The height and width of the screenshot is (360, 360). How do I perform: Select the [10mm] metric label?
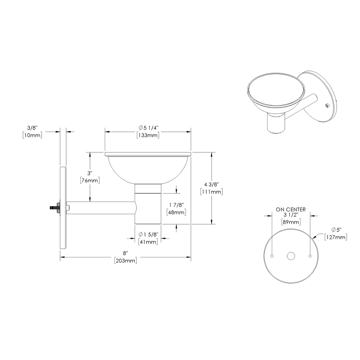click(32, 135)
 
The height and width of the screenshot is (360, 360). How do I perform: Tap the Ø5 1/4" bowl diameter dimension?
click(148, 128)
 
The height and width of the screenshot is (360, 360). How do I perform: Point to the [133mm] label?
click(148, 135)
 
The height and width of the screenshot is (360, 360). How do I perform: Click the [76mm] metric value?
click(90, 180)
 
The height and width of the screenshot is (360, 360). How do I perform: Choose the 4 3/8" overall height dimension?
click(211, 185)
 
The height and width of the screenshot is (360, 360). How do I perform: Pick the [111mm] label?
click(211, 192)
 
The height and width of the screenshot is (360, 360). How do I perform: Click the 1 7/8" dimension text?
click(176, 205)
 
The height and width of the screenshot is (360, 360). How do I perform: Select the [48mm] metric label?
click(176, 212)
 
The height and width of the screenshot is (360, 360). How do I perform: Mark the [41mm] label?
click(148, 242)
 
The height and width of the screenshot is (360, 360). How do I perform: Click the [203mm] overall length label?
click(125, 261)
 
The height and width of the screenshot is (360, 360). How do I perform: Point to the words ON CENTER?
click(291, 209)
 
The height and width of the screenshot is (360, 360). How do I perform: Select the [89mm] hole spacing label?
click(291, 222)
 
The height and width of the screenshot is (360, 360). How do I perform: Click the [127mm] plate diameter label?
click(336, 237)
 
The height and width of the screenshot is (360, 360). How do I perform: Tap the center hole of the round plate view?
click(291, 256)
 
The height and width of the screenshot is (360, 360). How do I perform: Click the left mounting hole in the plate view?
click(272, 256)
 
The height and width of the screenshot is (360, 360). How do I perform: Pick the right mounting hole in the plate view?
click(310, 256)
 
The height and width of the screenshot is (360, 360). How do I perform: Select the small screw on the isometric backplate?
click(326, 105)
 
